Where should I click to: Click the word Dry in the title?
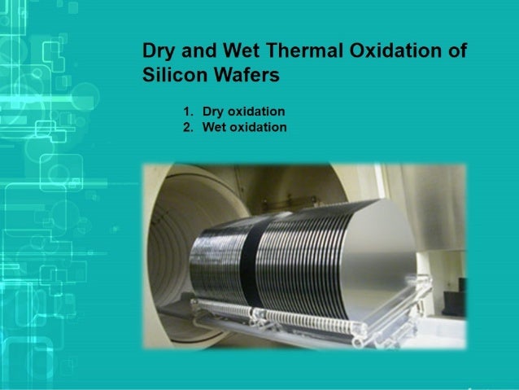point(157,50)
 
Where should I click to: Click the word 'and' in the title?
point(197,50)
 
